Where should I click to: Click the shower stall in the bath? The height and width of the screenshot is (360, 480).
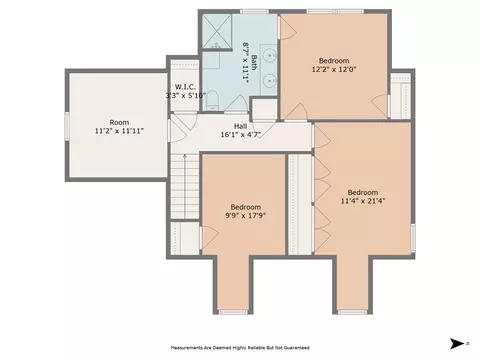pos(217,32)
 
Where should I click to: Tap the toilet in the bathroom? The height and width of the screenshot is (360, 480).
pos(211,101)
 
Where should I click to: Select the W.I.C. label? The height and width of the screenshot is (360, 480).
pos(185,87)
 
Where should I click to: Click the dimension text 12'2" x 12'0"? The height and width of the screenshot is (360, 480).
pos(334,69)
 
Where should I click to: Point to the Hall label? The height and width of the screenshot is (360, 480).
pos(240,126)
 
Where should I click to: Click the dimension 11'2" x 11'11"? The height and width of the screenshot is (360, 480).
pos(119,131)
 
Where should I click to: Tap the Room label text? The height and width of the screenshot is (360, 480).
pos(119,122)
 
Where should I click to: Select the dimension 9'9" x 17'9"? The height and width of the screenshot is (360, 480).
pos(245,215)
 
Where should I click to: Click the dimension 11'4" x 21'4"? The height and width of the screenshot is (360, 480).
pos(363,201)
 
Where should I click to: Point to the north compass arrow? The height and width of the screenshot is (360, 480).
pos(457,343)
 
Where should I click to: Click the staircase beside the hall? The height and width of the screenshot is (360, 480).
pos(185,186)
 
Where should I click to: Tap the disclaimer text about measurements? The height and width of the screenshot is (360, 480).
pos(240,348)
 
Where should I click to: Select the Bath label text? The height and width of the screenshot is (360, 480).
pos(254,62)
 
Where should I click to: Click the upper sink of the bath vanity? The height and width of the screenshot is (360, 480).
pos(269,54)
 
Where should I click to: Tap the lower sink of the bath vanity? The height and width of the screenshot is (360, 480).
pos(269,80)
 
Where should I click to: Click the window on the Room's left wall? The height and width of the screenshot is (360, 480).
pos(67,126)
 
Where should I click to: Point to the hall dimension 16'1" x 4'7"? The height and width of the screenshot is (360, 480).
pos(240,135)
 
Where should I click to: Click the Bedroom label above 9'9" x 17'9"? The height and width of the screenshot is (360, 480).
pos(246,207)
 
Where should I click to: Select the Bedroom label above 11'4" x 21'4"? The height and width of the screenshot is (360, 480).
pos(363,192)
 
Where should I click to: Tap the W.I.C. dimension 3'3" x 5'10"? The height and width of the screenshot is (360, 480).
pos(186,96)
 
